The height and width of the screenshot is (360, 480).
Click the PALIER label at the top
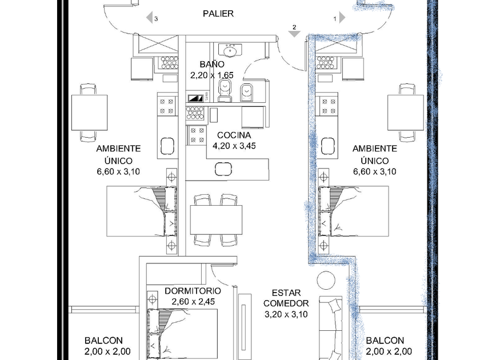click(218, 14)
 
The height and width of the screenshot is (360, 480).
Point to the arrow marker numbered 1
click(341, 18)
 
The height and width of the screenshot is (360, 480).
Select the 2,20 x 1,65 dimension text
click(212, 75)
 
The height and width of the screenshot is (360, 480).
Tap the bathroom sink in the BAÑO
click(231, 51)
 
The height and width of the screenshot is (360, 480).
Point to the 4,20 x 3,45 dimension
click(234, 146)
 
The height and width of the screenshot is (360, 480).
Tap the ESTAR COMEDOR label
click(286, 297)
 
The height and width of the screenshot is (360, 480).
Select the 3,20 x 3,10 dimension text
click(286, 314)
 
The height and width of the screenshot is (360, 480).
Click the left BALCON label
click(103, 341)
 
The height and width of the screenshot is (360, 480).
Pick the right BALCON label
click(385, 341)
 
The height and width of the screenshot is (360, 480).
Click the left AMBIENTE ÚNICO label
click(118, 154)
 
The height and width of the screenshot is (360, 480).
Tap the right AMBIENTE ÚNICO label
click(374, 154)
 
